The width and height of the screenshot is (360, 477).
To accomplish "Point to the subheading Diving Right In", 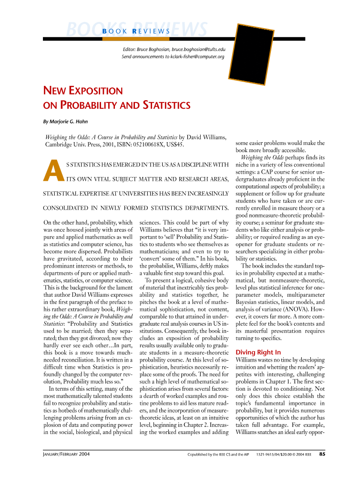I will tap(258, 352).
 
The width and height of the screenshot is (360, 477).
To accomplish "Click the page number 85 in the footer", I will tap(322, 454).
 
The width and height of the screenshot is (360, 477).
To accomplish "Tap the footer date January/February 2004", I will tap(66, 454).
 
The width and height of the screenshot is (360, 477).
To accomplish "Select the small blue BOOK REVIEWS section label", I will tap(136, 31).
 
